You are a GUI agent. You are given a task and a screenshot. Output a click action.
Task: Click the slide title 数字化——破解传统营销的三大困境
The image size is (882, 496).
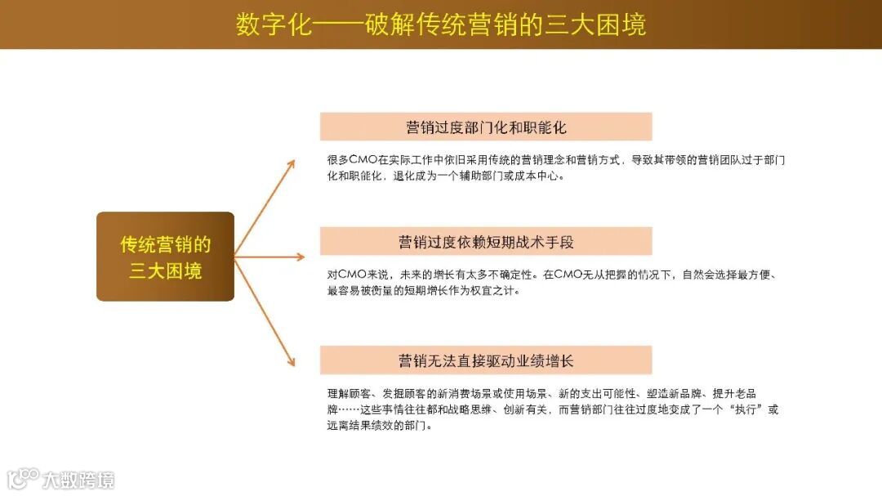[x=441, y=24]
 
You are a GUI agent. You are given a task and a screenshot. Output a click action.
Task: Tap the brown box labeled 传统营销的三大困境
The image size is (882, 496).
[x=165, y=257]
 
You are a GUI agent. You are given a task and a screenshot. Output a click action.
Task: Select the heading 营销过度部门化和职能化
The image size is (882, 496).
[x=486, y=127]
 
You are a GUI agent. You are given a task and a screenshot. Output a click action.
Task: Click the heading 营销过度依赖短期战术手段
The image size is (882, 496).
[x=486, y=242]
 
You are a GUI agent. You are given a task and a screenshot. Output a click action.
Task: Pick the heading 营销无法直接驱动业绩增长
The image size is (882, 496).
[x=486, y=360]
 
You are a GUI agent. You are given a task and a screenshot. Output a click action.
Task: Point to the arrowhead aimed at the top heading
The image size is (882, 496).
[x=290, y=163]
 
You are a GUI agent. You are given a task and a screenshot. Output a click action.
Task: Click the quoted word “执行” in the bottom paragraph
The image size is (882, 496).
[x=738, y=409]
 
